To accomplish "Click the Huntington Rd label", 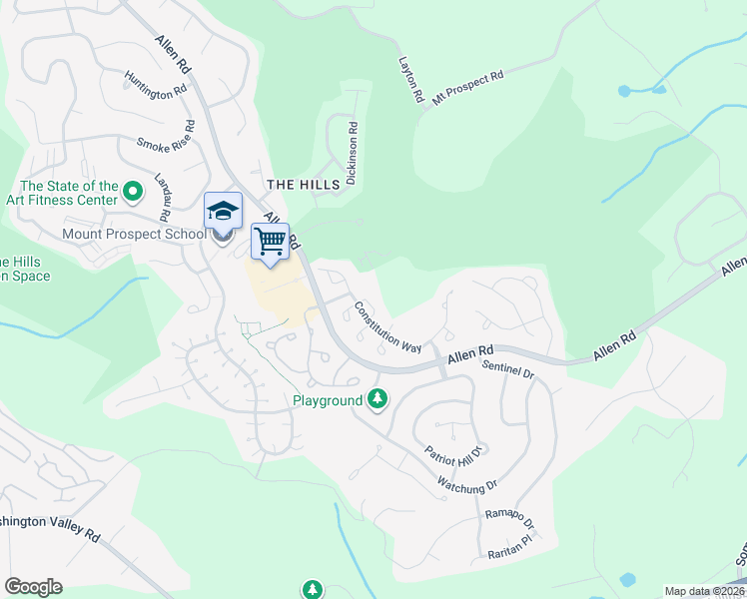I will (x=156, y=83).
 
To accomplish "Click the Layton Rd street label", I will (x=411, y=81).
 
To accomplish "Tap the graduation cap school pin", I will (x=223, y=212).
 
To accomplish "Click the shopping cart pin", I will (x=270, y=241).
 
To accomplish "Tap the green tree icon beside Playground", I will (x=377, y=399).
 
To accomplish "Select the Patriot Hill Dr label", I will (x=452, y=439).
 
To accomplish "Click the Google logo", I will (x=33, y=586).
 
